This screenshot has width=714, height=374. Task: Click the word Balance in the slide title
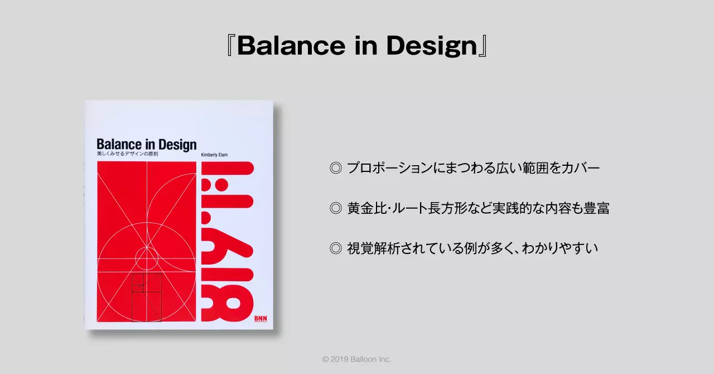click(x=291, y=46)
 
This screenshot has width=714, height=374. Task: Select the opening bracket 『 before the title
click(x=230, y=46)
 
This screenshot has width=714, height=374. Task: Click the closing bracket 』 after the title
click(x=483, y=46)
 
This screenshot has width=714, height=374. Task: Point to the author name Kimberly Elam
click(x=214, y=155)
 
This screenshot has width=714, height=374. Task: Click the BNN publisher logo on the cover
click(x=260, y=319)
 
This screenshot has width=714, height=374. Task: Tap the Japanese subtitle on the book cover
click(x=128, y=154)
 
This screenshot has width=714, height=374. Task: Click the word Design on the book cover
click(x=177, y=145)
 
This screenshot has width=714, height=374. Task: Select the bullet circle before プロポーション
click(x=336, y=168)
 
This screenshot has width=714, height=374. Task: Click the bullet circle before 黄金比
click(x=336, y=208)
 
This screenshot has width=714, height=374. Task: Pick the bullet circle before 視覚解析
click(x=336, y=248)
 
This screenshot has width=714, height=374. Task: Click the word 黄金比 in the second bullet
click(x=367, y=208)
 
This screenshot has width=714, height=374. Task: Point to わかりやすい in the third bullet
click(x=560, y=248)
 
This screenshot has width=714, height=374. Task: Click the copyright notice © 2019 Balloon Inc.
click(x=356, y=359)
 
